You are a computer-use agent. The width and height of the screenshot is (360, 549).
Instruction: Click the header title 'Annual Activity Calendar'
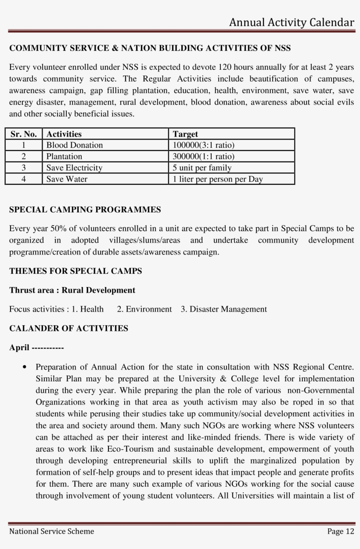(x=292, y=23)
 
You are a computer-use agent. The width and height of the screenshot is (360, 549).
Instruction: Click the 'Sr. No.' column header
(x=24, y=134)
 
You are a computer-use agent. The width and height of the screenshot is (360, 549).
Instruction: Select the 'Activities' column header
(x=64, y=134)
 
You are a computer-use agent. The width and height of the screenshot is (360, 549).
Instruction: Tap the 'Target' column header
(x=185, y=134)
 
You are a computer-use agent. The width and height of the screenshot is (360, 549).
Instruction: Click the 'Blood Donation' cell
(x=75, y=145)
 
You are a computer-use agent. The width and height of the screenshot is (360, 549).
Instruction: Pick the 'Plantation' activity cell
(x=64, y=156)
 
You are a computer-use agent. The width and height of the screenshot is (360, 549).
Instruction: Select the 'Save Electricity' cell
(x=74, y=168)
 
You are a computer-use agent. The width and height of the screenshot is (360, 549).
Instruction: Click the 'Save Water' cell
(x=67, y=179)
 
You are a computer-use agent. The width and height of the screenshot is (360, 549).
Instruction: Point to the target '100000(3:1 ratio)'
(x=204, y=145)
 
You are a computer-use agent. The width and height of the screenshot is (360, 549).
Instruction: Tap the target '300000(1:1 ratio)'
(x=204, y=156)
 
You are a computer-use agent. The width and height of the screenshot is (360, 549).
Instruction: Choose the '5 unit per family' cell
(x=202, y=168)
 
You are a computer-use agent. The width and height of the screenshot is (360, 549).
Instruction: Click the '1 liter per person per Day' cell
(x=218, y=179)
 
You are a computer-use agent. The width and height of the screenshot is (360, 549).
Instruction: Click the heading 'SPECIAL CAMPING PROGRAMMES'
(x=85, y=210)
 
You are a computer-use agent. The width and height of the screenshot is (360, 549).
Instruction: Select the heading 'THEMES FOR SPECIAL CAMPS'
(x=76, y=271)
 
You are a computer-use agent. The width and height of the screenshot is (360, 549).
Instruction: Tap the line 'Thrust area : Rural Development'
(x=72, y=291)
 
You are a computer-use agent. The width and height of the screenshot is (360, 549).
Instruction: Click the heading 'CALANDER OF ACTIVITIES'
(x=69, y=328)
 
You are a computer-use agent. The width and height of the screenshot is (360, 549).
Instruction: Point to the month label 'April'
(x=19, y=348)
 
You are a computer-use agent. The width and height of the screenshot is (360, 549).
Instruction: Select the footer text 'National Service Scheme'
(x=52, y=531)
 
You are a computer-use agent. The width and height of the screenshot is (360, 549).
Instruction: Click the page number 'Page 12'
(x=340, y=531)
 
